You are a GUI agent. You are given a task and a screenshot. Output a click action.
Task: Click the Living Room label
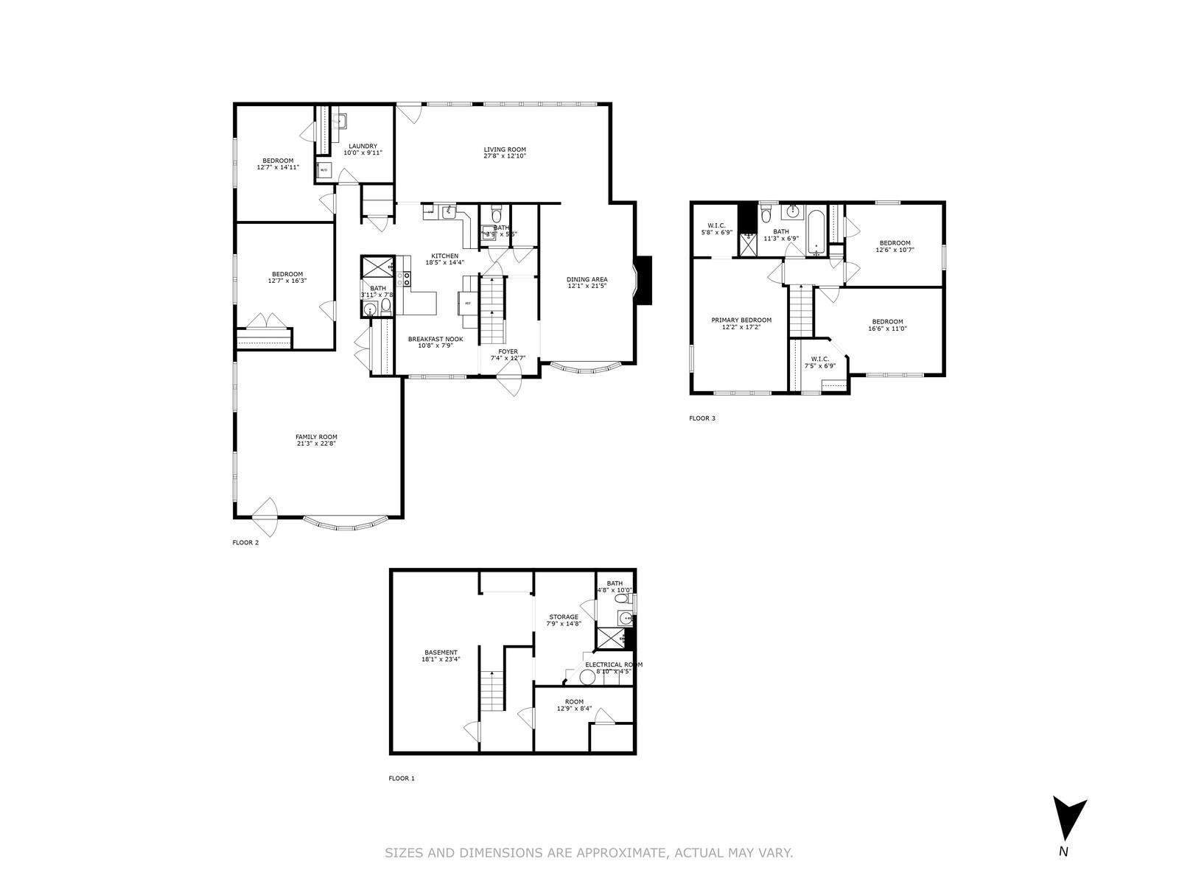pos(505,150)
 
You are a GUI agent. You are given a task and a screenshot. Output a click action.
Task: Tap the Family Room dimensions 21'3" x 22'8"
pos(316,443)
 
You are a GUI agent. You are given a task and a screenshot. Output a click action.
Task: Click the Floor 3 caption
pos(702,418)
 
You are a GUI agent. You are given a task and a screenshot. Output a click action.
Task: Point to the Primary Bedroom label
pos(741,320)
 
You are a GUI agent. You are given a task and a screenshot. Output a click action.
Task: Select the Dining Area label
pos(587,279)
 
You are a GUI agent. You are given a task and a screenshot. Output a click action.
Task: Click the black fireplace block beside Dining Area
pos(644,280)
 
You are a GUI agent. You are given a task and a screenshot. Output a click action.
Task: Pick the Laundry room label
pos(363,146)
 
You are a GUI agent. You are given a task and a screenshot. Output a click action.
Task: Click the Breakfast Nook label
pos(435,339)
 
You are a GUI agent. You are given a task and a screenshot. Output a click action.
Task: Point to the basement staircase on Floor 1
pos(491,691)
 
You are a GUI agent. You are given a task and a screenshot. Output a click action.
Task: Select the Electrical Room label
pos(613,664)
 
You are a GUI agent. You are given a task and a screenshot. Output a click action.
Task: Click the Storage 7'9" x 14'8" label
pos(563,620)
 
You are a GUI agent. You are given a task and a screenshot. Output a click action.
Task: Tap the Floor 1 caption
pos(402,778)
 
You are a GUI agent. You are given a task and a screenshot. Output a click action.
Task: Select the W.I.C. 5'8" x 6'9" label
pos(716,228)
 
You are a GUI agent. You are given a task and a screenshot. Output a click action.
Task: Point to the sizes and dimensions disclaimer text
pos(589,853)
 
